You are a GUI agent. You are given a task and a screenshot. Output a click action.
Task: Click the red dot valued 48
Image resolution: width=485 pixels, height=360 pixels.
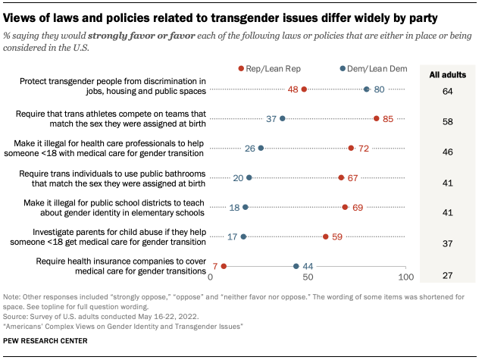304,89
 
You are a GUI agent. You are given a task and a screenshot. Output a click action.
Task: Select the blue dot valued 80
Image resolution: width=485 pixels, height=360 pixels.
367,89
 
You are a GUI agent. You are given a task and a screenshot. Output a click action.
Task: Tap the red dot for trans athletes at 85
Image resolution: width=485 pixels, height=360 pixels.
377,118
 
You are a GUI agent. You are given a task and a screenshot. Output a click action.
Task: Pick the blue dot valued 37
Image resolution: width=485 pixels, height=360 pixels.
283,118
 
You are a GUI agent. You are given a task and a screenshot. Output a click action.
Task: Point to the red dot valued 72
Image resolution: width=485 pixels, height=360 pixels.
351,148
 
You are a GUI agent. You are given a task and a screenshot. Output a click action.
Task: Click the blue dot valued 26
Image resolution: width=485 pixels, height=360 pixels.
261,148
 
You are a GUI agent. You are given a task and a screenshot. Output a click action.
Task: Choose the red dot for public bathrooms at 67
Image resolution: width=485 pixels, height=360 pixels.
341,177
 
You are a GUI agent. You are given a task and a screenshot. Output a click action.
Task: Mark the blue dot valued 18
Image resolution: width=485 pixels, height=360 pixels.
245,207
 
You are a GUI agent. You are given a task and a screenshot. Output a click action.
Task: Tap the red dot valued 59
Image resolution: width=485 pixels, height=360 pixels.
326,236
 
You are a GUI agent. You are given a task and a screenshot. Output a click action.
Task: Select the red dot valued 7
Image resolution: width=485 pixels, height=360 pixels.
224,266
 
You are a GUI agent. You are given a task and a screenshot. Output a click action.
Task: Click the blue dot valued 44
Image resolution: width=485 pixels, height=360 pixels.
296,266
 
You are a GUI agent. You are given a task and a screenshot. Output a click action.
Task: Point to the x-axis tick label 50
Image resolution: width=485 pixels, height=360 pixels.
308,279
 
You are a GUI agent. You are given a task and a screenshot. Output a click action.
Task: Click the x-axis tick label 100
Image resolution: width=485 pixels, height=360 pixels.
405,279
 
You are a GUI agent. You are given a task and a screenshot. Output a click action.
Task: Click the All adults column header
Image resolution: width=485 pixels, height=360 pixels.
448,75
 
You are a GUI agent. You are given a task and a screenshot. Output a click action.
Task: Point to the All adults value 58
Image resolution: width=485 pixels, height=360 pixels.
448,121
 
